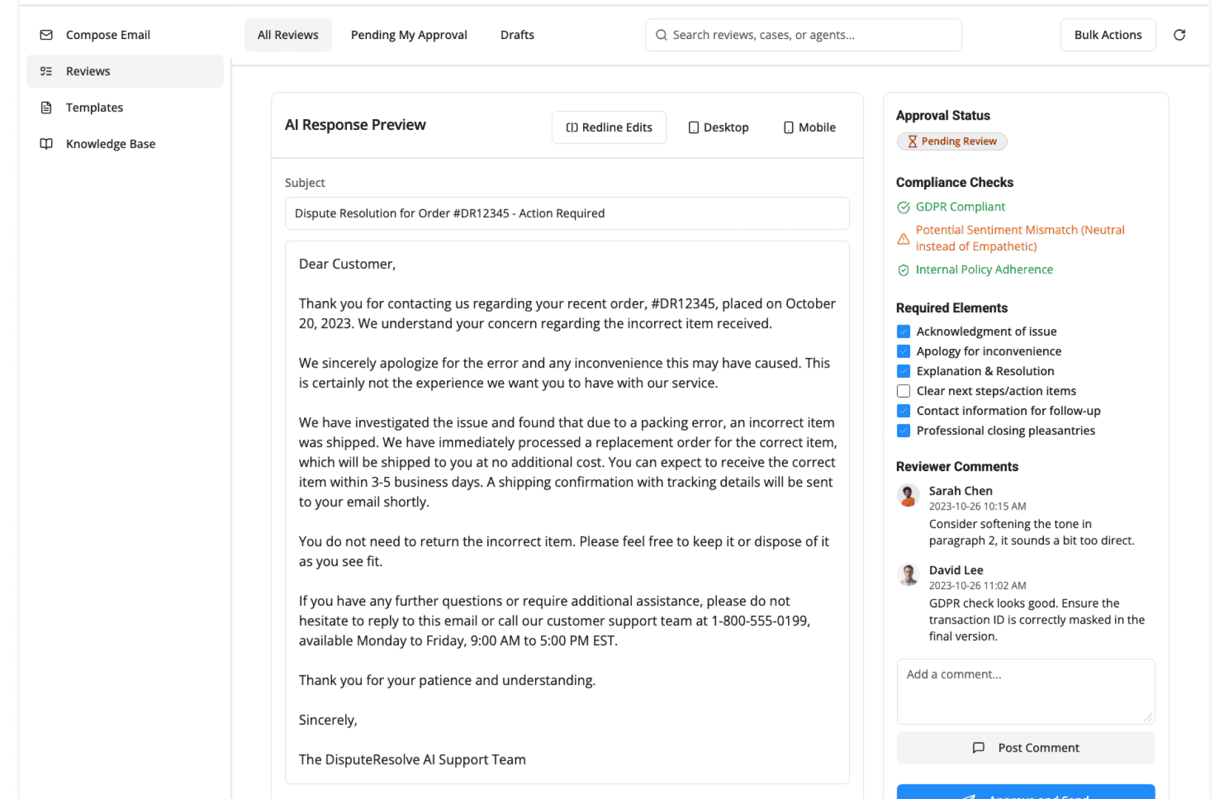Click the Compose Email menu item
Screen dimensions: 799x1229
(x=108, y=35)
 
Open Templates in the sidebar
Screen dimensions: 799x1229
(x=94, y=108)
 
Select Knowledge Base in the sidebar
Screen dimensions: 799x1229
(x=110, y=144)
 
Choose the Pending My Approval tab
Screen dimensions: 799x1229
(x=408, y=35)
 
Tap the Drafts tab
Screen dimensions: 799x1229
(x=517, y=35)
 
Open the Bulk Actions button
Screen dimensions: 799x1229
(x=1107, y=35)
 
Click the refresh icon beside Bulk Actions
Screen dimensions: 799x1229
(x=1179, y=35)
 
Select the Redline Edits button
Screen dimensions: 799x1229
(x=609, y=127)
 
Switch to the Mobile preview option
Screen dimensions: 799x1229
(x=810, y=127)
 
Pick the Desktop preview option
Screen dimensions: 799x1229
(x=718, y=127)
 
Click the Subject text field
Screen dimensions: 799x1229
(x=566, y=213)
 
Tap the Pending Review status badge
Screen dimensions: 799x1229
(x=952, y=141)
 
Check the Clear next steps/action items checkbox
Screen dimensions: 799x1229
(x=903, y=391)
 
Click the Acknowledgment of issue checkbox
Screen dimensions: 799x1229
(x=903, y=332)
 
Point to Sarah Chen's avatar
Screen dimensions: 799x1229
(x=908, y=495)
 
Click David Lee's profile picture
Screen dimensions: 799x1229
(x=908, y=574)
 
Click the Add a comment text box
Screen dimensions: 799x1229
(x=1025, y=691)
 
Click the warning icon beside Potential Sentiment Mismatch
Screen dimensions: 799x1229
(x=903, y=239)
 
